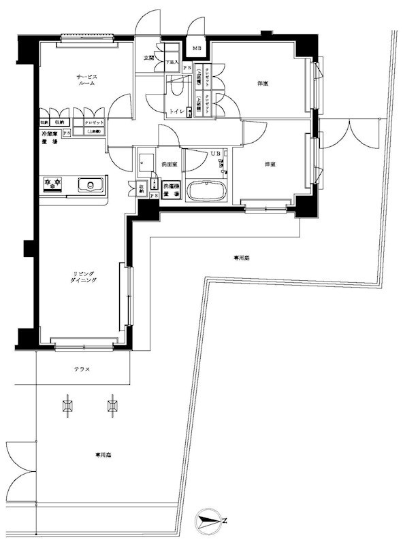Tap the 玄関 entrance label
click(x=148, y=58)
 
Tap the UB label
click(x=215, y=153)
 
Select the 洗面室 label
click(x=169, y=165)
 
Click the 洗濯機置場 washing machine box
click(x=171, y=189)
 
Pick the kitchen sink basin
click(x=89, y=184)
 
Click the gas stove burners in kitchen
click(x=52, y=183)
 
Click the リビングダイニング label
click(x=84, y=277)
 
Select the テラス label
click(x=82, y=369)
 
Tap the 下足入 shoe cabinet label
click(x=172, y=63)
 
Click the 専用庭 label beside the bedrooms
click(x=242, y=258)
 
